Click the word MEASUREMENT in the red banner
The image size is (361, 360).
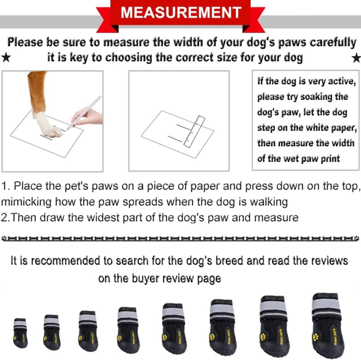coord(180,13)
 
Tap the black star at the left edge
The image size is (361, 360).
coord(5,58)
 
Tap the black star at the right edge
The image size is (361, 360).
coord(356,58)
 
